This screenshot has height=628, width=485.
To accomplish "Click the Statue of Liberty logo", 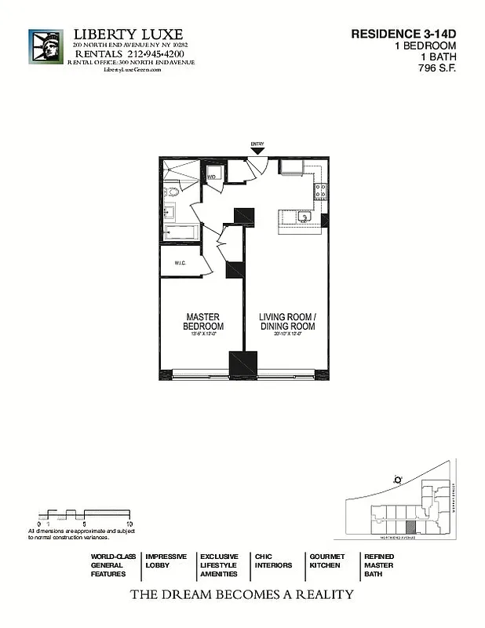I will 46,50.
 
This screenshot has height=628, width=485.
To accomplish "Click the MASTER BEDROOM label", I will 203,322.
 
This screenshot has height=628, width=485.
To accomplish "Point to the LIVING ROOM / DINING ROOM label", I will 287,322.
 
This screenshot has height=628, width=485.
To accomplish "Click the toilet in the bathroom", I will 171,191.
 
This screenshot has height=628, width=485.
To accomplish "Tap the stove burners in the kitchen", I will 321,190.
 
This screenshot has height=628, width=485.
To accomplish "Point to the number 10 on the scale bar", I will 129,523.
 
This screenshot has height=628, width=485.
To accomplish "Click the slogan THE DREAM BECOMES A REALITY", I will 242,594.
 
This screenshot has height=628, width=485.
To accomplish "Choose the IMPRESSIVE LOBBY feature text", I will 166,560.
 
